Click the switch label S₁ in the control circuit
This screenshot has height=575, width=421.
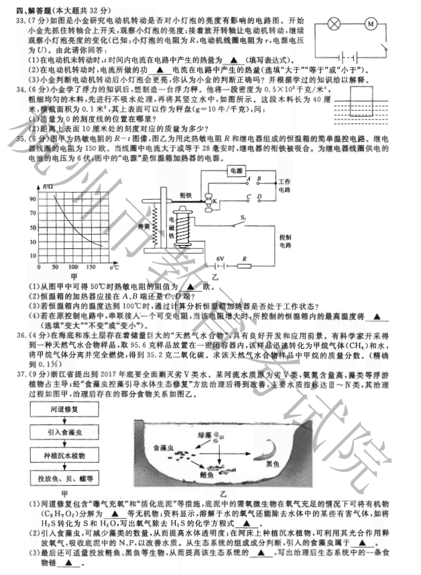[243, 219]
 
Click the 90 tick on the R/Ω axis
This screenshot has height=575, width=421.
[32, 199]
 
